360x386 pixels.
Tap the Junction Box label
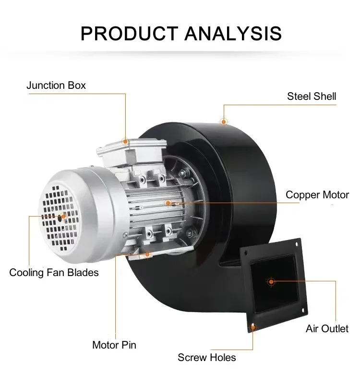coord(56,85)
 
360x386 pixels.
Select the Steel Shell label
coord(312,96)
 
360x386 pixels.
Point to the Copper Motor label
coord(317,195)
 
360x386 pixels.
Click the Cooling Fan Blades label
coord(54,273)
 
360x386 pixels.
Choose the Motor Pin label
coord(114,345)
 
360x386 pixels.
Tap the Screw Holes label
coord(207,357)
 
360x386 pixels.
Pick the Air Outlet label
coord(327,329)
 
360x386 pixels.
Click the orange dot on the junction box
coord(125,142)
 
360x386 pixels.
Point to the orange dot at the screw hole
coord(253,328)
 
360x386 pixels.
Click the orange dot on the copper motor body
coord(168,203)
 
